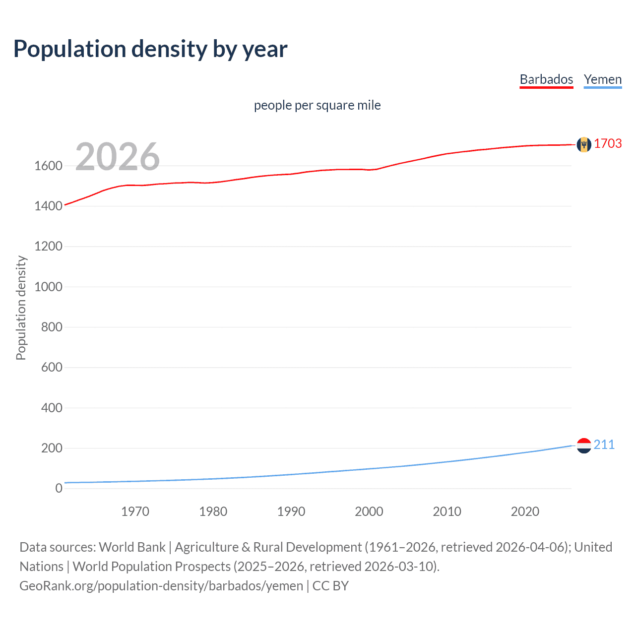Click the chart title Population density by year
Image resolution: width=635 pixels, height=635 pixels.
point(150,49)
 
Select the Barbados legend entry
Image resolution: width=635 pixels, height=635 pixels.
point(546,79)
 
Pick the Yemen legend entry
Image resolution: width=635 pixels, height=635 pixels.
point(602,79)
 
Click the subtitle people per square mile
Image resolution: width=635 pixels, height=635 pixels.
point(317,105)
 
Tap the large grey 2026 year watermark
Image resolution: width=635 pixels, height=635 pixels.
point(118,157)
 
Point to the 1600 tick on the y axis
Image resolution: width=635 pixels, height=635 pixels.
point(48,166)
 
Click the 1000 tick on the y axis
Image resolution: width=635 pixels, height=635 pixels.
point(48,287)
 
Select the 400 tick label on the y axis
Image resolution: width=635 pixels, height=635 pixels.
point(52,408)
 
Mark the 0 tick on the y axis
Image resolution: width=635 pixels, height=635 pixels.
point(59,488)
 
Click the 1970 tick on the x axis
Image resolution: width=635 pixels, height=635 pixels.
point(135,511)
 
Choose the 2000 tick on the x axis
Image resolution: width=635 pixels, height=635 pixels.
point(369,511)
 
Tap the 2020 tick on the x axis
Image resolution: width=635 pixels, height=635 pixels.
point(525,511)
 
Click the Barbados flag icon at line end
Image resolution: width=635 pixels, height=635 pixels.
point(584,144)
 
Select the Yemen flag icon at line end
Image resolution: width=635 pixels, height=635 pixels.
point(584,445)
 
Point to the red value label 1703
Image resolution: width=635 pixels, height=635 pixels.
point(608,143)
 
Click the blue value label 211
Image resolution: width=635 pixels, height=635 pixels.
point(604,444)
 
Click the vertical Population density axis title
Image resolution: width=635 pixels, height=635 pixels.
point(21,308)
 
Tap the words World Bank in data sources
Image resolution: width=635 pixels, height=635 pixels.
point(132,547)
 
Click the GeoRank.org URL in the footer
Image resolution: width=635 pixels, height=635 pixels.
point(161,586)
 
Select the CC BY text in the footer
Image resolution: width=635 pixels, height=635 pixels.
point(330,586)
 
